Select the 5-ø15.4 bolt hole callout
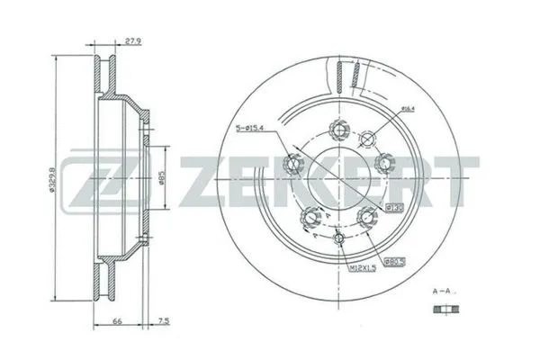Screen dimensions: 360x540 tap(257, 127)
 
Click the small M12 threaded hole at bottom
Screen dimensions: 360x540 tap(339, 238)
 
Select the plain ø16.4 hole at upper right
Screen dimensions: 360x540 tap(367, 138)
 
